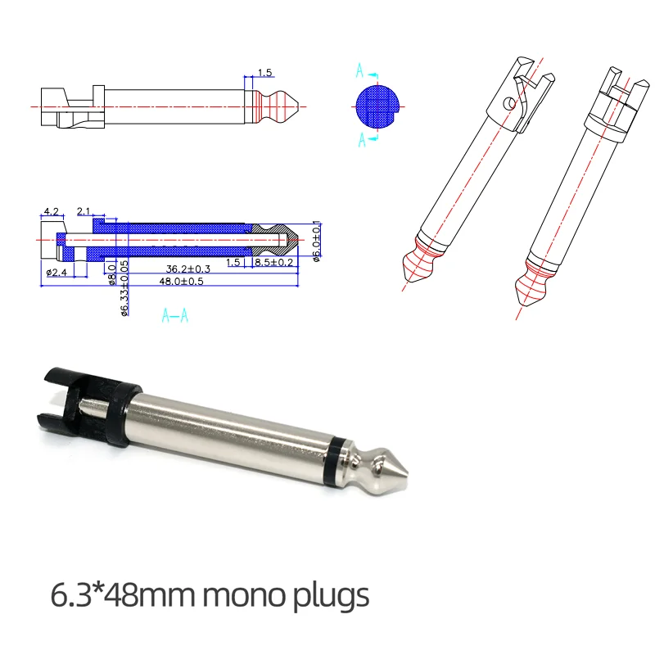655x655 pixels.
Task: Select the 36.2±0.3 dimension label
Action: (x=187, y=268)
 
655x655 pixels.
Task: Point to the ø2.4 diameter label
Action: (x=55, y=272)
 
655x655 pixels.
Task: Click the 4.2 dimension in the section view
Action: (x=50, y=211)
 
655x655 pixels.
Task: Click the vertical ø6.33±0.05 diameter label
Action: (x=124, y=289)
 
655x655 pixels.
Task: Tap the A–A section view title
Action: (x=174, y=314)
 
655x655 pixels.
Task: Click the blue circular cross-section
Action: (x=376, y=106)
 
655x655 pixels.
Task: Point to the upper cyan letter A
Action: (x=359, y=72)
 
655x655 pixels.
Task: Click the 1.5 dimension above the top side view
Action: (x=264, y=73)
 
